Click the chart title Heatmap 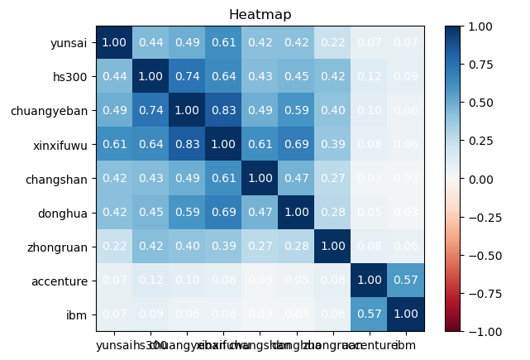(260, 15)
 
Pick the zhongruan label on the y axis (63, 247)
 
